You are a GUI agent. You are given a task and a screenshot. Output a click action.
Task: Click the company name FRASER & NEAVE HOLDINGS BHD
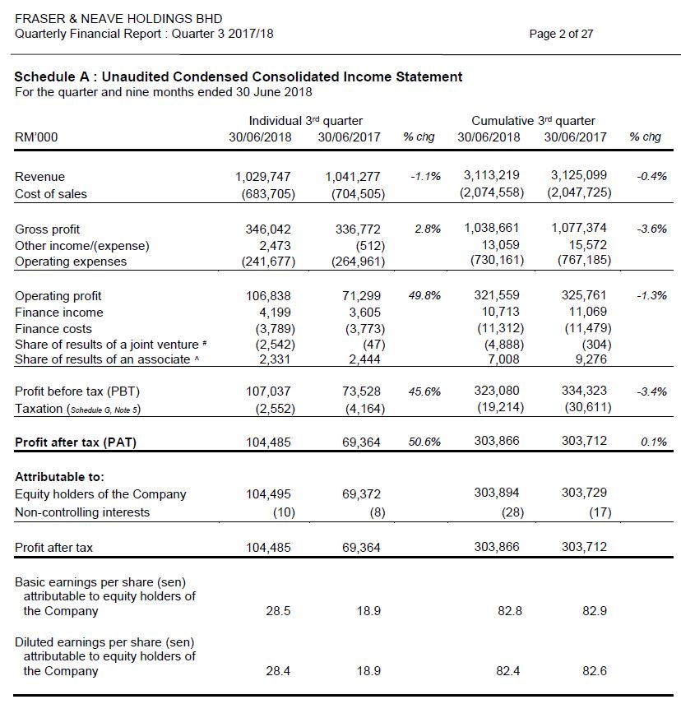(118, 18)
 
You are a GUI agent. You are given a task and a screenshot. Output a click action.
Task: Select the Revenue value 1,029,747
(263, 176)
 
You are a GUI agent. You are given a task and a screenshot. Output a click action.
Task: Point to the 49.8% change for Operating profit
(424, 295)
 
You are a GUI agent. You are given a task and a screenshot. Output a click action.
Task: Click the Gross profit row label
(48, 229)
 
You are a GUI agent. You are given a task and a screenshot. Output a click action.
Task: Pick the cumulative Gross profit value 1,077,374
(578, 228)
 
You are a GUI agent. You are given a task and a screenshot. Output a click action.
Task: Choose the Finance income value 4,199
(275, 312)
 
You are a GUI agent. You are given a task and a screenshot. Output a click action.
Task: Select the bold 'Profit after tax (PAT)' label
(76, 442)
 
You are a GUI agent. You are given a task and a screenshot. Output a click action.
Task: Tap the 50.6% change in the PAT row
(424, 442)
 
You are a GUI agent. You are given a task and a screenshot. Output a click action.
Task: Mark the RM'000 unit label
(36, 137)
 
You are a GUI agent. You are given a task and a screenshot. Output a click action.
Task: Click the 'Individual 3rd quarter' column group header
(305, 121)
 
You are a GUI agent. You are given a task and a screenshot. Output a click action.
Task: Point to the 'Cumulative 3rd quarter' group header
(533, 121)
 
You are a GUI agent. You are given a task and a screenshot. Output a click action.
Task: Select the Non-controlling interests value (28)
(509, 512)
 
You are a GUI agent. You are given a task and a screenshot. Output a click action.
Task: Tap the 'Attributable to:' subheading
(59, 477)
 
